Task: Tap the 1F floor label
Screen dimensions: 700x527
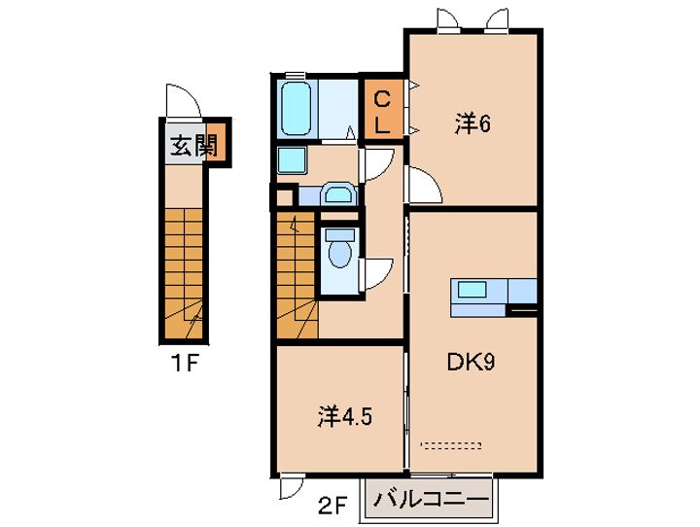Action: pos(184,364)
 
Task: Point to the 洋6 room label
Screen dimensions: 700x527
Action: pos(472,123)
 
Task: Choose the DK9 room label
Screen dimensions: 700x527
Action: pos(471,363)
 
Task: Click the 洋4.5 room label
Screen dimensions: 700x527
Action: pos(344,417)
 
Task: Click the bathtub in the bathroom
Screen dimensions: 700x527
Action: pos(296,109)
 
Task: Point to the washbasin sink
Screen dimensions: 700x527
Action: pos(338,193)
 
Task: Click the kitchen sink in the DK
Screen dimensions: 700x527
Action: pos(472,290)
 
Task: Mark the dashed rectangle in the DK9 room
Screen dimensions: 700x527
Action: pos(451,444)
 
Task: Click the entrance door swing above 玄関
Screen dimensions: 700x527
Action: pos(184,101)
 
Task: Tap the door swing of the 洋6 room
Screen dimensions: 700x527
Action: pos(424,184)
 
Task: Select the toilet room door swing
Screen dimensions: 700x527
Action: pos(377,274)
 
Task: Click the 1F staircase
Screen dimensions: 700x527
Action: pos(184,273)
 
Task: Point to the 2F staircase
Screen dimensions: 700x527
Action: pos(297,275)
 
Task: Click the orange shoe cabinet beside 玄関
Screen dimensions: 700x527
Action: pos(215,143)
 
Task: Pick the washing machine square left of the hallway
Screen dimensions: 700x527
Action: pos(292,160)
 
